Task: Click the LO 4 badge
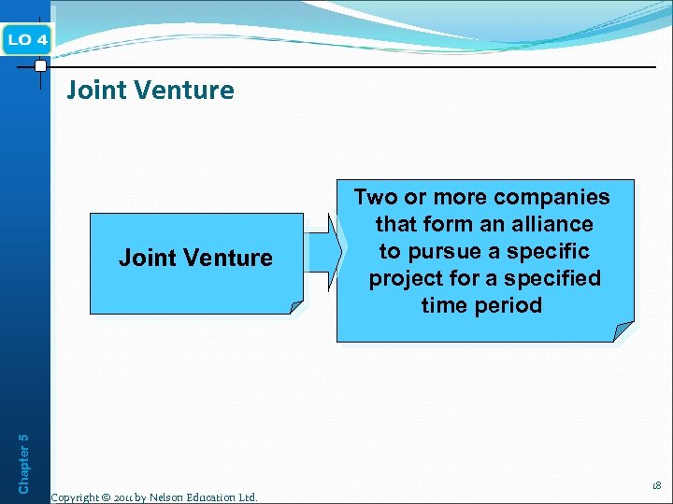click(28, 40)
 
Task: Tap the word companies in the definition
click(551, 198)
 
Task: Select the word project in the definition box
click(408, 279)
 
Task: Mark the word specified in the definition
click(553, 279)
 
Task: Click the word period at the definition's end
click(508, 306)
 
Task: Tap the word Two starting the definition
click(375, 198)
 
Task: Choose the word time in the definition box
click(444, 306)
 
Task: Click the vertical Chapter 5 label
click(24, 455)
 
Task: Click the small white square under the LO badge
click(40, 66)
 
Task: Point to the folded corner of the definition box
click(624, 332)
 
